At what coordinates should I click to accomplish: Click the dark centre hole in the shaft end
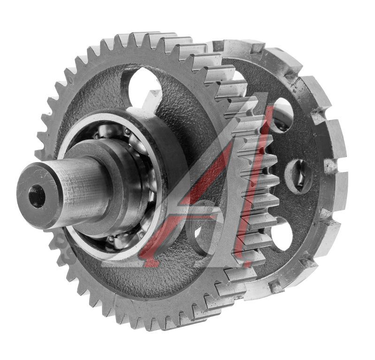[37, 196]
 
